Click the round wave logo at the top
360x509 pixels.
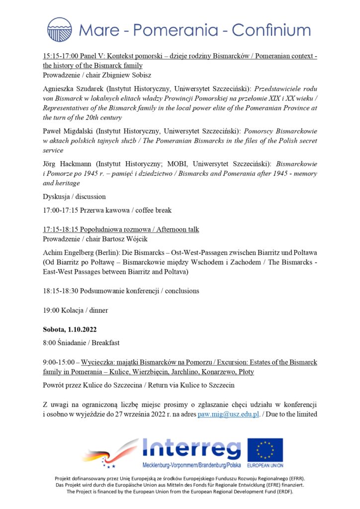[x=60, y=29]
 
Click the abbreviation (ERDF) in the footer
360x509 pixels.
[x=282, y=492]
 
